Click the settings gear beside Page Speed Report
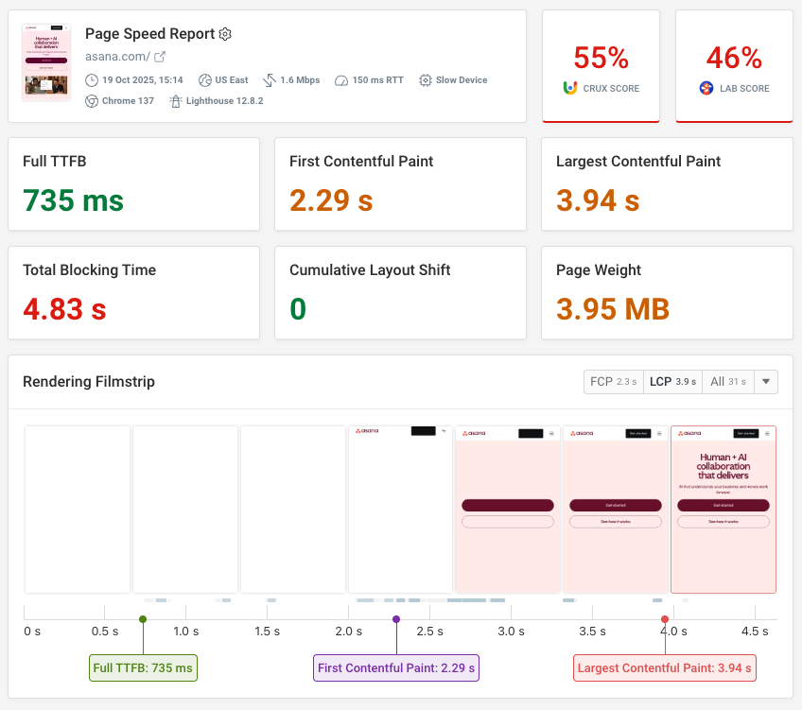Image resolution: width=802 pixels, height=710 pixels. point(225,34)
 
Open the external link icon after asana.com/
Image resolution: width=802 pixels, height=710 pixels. point(160,57)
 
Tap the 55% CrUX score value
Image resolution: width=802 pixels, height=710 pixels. point(601,59)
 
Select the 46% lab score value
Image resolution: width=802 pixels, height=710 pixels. point(734,59)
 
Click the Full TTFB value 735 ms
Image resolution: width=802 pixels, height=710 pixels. point(73,200)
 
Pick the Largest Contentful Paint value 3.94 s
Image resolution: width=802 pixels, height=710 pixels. point(598,200)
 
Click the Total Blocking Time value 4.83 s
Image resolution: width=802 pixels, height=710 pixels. point(64,308)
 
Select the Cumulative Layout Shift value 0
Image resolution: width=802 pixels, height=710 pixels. point(297,308)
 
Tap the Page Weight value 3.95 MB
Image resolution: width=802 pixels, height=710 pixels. point(613,308)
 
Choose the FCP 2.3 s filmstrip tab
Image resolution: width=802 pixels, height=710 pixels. point(614,382)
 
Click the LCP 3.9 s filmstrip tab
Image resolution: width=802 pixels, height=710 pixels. point(672,382)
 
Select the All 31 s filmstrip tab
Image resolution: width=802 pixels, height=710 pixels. point(726,382)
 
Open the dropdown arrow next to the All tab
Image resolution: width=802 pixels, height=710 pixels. point(765,382)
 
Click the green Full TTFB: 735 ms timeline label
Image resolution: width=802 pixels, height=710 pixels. point(143,668)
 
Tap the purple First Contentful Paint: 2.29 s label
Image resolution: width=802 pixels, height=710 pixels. point(396,668)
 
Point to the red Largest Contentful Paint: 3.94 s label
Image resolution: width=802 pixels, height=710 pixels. point(665,668)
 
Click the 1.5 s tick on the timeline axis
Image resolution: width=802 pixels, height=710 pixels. point(267,631)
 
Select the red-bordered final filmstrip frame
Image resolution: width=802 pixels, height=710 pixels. point(723,510)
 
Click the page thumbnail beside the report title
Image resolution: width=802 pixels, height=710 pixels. point(46,62)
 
